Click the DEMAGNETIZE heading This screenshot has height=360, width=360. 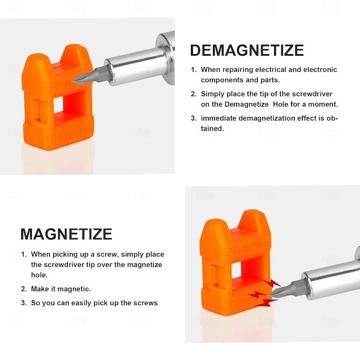tap(247, 50)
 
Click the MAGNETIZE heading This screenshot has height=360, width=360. tap(66, 234)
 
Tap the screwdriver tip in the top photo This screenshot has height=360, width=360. tap(73, 81)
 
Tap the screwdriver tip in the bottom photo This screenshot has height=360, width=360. tap(270, 295)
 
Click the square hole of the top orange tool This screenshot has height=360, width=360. tap(58, 105)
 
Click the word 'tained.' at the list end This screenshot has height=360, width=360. tap(212, 129)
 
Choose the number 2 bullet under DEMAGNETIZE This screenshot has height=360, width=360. tap(193, 94)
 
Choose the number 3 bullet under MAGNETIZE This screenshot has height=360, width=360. tap(24, 303)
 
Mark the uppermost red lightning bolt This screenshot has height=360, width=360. tap(272, 283)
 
